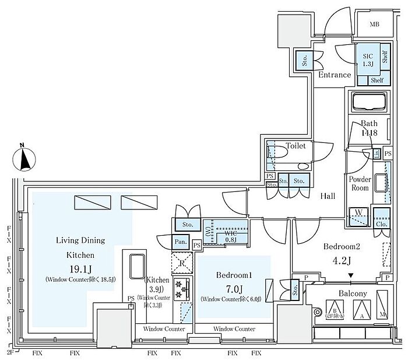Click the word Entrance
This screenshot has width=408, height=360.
coord(335,75)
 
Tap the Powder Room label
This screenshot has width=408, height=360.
coord(360,184)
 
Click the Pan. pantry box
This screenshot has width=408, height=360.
coord(180,242)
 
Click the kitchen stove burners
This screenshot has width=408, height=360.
coord(181,288)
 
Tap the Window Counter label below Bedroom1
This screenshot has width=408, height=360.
coord(233,329)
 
